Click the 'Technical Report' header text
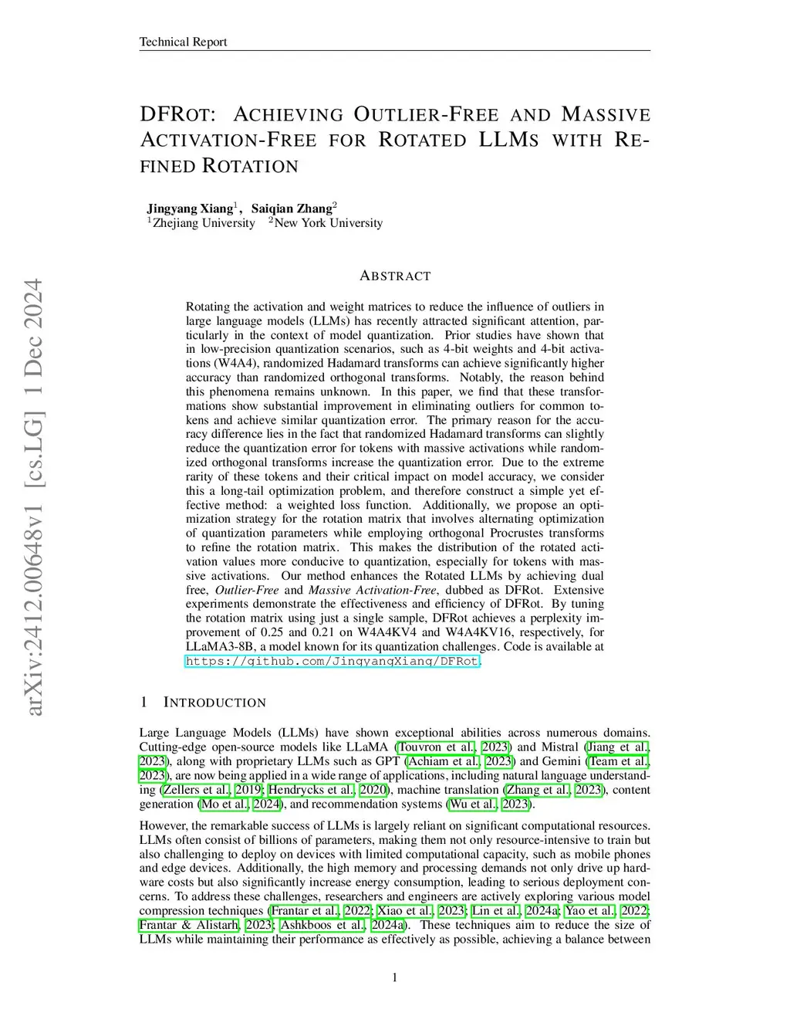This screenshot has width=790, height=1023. tap(183, 42)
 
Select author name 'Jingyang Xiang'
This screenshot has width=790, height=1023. tap(190, 208)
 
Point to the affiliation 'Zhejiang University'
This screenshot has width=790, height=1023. tap(204, 223)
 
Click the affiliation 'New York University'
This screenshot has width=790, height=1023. tap(328, 223)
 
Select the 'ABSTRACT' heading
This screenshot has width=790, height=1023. tap(395, 276)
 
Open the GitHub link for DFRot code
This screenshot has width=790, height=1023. tap(333, 661)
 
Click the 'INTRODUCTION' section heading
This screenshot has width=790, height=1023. tap(214, 703)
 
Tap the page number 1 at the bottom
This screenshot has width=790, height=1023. tap(395, 978)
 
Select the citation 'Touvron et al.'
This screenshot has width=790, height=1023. tap(436, 747)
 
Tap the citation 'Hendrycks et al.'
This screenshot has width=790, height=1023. tap(310, 790)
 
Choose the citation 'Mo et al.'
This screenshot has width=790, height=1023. tap(225, 804)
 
